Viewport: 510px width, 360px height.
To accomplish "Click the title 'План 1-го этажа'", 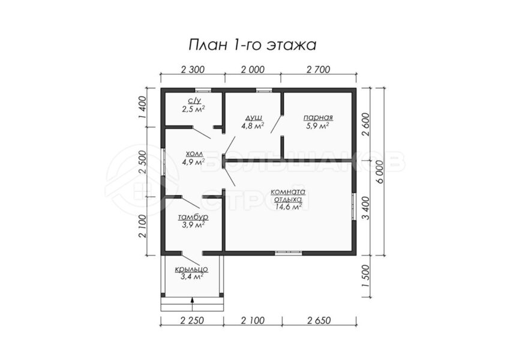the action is point(253,45).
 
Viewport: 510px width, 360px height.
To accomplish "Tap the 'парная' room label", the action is point(318,118).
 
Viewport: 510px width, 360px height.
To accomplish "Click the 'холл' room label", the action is point(194,153).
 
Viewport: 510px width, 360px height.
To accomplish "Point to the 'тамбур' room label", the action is point(193,217).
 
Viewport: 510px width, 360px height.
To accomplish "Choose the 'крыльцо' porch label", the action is point(191,269).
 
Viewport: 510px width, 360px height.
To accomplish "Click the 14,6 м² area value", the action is point(288,206).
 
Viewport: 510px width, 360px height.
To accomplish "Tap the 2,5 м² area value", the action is point(194,109).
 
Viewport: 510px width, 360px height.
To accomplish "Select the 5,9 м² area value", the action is point(317,125).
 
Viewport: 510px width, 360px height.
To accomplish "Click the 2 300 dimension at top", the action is point(193,70).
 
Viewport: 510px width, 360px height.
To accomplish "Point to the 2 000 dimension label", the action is point(253,70).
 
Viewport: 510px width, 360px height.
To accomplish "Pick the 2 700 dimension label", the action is point(318,70).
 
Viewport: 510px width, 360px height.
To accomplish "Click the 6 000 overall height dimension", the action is point(380,172).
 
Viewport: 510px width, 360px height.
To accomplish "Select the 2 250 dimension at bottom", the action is point(192,320).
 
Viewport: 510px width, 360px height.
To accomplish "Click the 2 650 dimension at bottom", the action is point(319,320).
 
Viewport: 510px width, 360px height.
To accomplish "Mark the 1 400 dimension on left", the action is point(142,107).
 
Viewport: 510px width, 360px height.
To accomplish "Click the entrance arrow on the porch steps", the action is point(192,305).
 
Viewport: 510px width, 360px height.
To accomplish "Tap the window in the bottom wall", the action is point(289,253).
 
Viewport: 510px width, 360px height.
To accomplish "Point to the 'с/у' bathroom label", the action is point(194,100).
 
